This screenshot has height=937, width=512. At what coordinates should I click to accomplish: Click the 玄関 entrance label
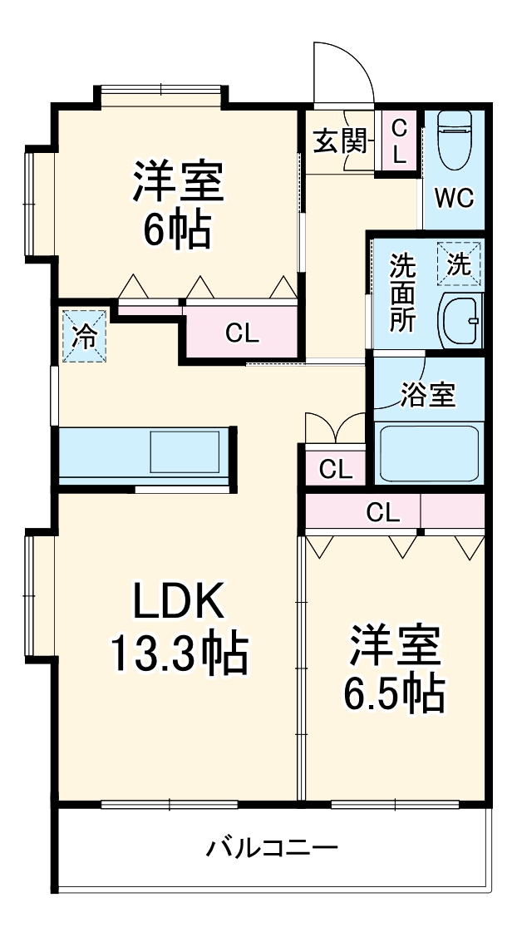340,141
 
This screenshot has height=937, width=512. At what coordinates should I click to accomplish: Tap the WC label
455,199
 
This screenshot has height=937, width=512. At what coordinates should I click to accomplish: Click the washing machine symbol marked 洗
460,264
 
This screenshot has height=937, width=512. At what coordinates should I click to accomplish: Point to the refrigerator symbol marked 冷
84,336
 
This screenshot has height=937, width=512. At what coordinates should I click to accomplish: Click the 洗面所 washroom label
404,293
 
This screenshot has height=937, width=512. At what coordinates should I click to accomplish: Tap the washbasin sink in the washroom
460,320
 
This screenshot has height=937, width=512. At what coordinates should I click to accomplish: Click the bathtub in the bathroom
429,453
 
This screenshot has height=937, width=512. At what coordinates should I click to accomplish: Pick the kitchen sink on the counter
185,454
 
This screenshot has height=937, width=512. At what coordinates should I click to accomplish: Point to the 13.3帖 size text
179,654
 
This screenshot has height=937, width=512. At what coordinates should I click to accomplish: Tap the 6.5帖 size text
394,693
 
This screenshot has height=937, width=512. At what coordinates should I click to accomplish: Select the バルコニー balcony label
272,849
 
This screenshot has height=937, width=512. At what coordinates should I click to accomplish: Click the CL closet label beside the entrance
399,141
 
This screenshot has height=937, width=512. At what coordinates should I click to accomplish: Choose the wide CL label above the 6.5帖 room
382,513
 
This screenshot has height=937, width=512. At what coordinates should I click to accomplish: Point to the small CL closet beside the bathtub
336,469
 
